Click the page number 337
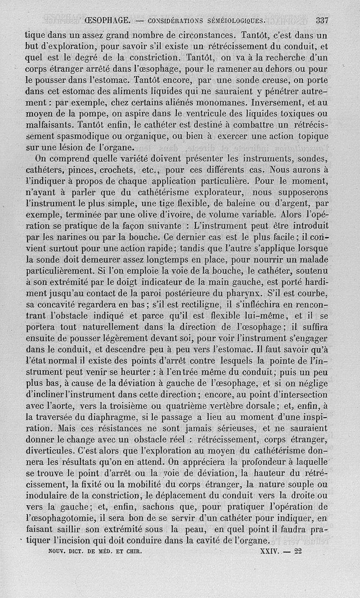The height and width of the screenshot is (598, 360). [322, 20]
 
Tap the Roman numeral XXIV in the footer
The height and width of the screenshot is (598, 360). [270, 550]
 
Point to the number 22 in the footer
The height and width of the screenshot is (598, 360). [297, 550]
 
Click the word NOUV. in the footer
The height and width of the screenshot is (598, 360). [58, 551]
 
